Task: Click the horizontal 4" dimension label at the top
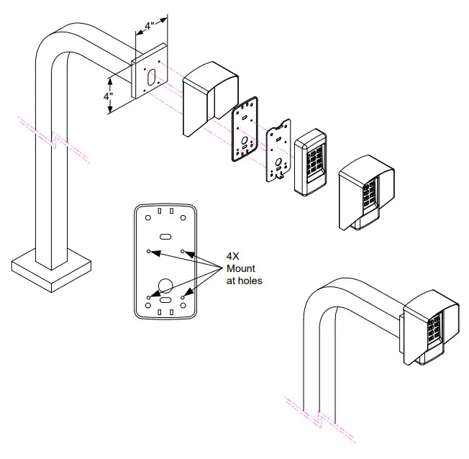(150, 26)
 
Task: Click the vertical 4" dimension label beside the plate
(108, 95)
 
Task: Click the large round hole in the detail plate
(164, 283)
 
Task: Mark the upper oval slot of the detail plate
(165, 235)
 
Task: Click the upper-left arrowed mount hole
(147, 252)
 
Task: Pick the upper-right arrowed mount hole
(183, 252)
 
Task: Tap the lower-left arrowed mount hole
(147, 296)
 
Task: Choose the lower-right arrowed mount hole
(183, 296)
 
